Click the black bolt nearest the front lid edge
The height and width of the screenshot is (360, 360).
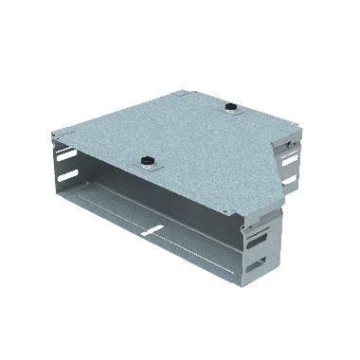[148, 162]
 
